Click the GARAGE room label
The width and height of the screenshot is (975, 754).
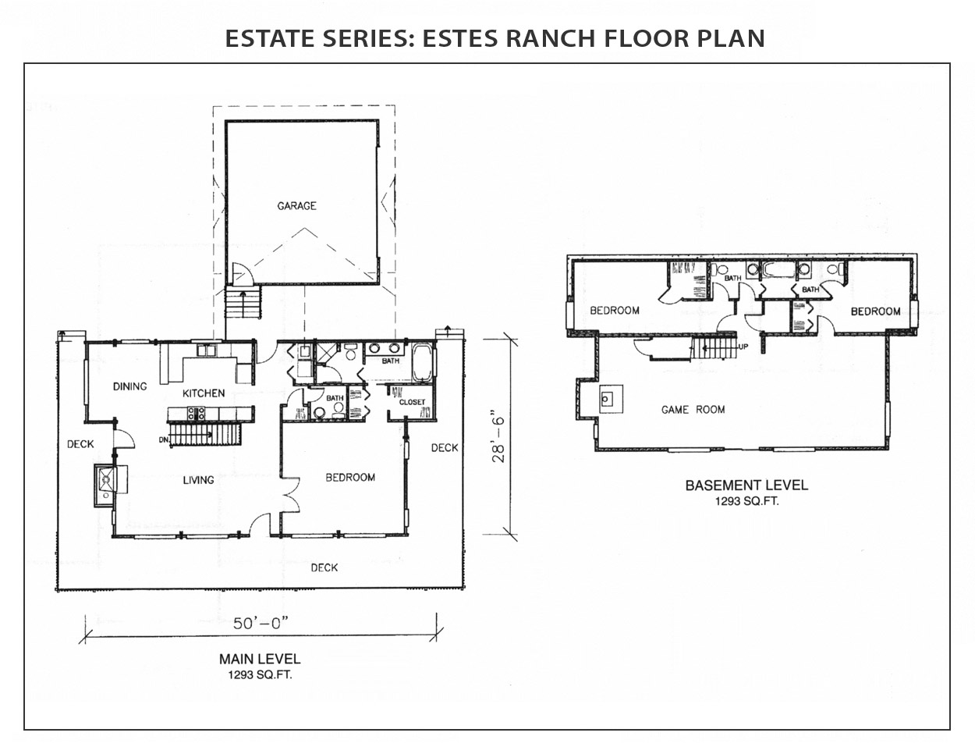(x=296, y=206)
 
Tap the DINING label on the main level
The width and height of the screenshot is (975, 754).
(x=129, y=386)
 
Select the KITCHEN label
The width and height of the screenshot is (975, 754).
(x=204, y=393)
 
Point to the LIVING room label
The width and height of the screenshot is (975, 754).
(x=198, y=480)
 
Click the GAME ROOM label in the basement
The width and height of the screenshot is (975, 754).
(x=693, y=410)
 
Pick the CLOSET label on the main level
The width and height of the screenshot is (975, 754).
(x=412, y=402)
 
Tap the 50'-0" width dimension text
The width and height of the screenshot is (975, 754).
(x=261, y=624)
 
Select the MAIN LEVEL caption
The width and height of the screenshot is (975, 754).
(x=260, y=659)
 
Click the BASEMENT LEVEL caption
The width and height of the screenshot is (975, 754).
(x=746, y=485)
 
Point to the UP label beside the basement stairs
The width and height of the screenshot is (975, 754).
(x=743, y=347)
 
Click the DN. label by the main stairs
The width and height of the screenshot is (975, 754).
(x=164, y=440)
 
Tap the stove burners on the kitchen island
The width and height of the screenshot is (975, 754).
(x=196, y=414)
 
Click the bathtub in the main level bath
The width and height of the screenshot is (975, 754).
(x=422, y=363)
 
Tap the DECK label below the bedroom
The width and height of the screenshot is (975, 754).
(x=324, y=567)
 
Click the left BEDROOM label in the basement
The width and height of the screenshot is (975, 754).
(x=615, y=311)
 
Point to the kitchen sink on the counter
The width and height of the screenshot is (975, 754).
(x=207, y=350)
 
